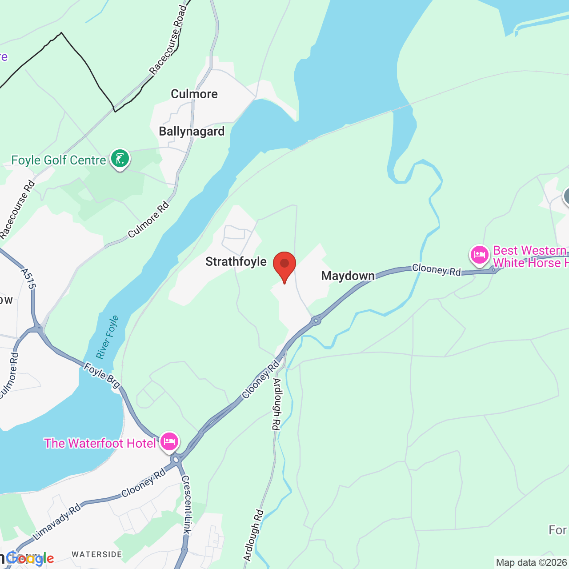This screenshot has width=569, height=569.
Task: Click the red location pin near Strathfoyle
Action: pyautogui.click(x=284, y=265)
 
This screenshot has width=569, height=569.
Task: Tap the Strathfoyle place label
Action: pyautogui.click(x=236, y=261)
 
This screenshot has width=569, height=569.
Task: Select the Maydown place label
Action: pyautogui.click(x=348, y=276)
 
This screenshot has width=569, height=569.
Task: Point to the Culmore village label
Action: pyautogui.click(x=194, y=94)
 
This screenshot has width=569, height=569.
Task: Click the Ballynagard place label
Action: pyautogui.click(x=192, y=132)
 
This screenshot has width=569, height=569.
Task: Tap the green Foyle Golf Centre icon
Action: pyautogui.click(x=120, y=158)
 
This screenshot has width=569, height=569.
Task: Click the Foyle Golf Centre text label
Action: pyautogui.click(x=59, y=160)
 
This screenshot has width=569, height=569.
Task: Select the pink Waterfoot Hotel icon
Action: pyautogui.click(x=169, y=441)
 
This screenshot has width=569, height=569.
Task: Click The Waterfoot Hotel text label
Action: pyautogui.click(x=100, y=443)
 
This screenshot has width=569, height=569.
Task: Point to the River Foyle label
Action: pyautogui.click(x=108, y=337)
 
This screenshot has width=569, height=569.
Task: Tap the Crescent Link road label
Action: pyautogui.click(x=187, y=505)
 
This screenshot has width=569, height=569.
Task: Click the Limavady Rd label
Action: pyautogui.click(x=57, y=521)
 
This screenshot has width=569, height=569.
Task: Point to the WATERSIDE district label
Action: pyautogui.click(x=96, y=554)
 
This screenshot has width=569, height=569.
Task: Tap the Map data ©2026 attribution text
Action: pyautogui.click(x=532, y=562)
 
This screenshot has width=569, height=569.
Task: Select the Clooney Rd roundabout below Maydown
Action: pyautogui.click(x=316, y=320)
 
